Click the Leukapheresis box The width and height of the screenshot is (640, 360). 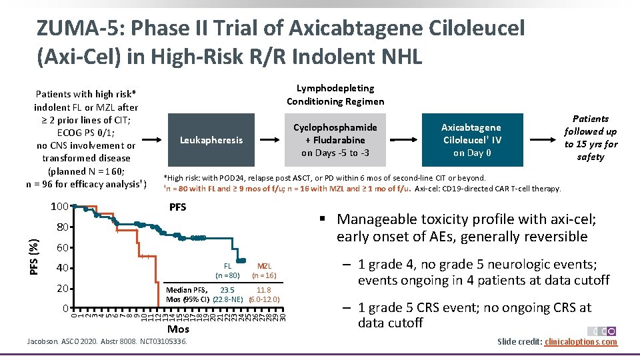pos(211,140)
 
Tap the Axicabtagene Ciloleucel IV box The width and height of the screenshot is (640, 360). pos(472,140)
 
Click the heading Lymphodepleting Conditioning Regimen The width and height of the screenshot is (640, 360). pos(335,95)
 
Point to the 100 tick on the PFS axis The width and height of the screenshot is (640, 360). pos(60,207)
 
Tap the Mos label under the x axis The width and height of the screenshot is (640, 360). pos(179,329)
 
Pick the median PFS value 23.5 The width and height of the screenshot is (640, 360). pos(227,290)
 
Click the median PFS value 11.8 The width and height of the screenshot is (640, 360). pos(263,290)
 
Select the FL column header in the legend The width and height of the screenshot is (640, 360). pos(227,265)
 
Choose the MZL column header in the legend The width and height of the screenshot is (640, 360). pos(264,265)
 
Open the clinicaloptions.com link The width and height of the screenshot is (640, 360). pos(581,342)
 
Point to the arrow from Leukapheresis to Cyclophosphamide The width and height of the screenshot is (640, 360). pos(268,141)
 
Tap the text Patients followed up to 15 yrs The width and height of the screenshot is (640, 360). pos(591,138)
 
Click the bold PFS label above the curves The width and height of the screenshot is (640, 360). pos(177,207)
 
